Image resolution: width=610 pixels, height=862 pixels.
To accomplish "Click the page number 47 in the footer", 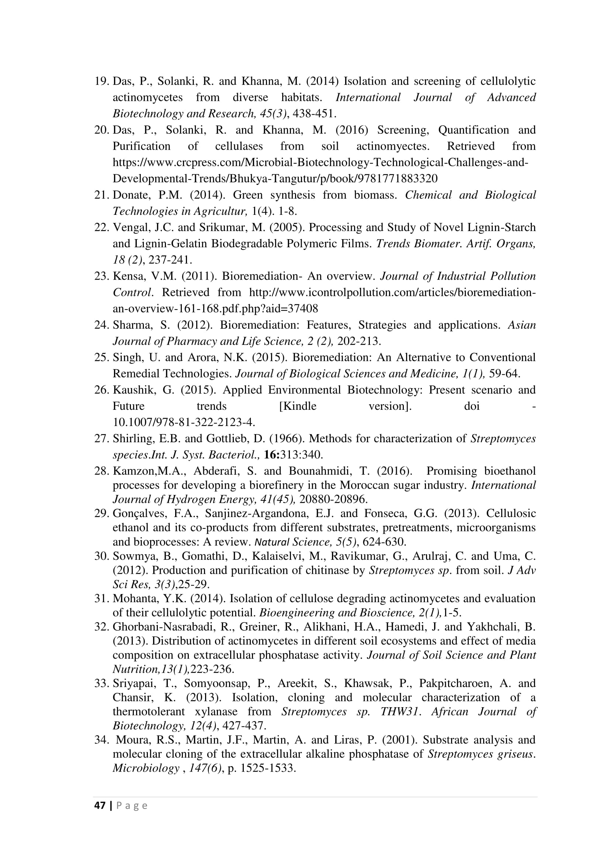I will (100, 805).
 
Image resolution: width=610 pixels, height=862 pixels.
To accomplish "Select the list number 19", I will (101, 81).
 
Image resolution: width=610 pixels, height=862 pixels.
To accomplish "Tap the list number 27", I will (101, 439).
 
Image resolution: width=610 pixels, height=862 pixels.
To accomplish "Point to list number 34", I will (101, 740).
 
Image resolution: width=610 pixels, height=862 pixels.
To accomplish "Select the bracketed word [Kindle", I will (298, 406).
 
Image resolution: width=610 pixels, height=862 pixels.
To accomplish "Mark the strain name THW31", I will (399, 711).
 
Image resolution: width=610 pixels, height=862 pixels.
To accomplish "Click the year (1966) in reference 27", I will (280, 439).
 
